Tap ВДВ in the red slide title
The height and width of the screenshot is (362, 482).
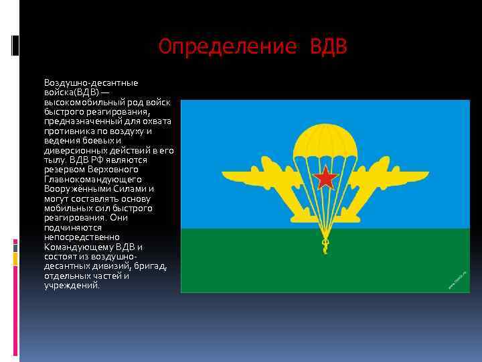[329, 47]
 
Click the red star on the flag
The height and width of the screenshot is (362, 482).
[326, 178]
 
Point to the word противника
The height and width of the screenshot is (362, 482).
[68, 131]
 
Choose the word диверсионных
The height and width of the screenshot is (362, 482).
[73, 150]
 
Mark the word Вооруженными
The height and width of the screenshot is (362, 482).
[76, 189]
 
